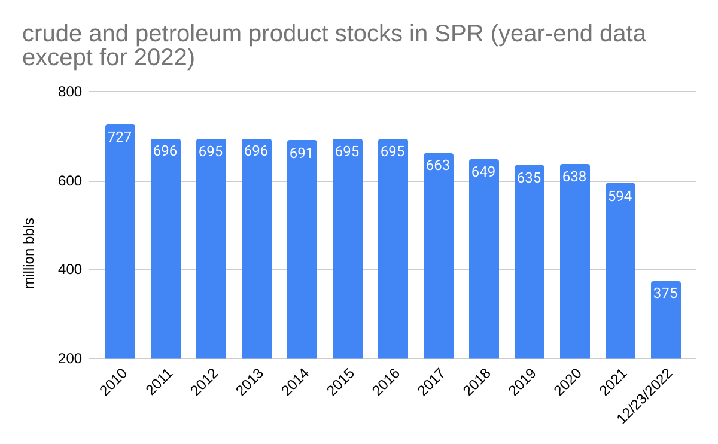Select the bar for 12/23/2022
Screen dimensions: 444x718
coord(666,323)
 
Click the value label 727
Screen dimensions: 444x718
coord(120,137)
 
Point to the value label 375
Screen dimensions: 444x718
coord(665,294)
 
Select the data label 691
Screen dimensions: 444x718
coord(302,153)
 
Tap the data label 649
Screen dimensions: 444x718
coord(483,172)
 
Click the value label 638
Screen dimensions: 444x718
coord(574,177)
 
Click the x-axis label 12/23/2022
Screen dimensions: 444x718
coord(646,398)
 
